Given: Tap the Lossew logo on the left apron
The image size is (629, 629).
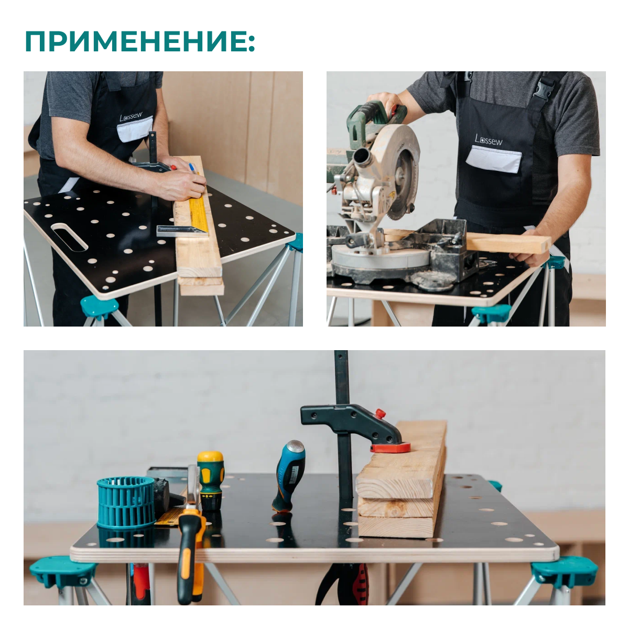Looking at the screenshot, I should click(131, 117).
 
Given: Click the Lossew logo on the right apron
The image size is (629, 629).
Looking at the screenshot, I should click(488, 139).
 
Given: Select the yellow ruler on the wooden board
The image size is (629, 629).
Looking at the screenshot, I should click(198, 209).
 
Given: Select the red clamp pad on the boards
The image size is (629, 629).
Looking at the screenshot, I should click(390, 448).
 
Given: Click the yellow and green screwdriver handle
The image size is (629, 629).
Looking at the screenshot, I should click(210, 480).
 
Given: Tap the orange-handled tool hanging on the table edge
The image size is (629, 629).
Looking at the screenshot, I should click(190, 556).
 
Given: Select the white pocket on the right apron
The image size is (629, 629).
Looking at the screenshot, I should click(493, 159).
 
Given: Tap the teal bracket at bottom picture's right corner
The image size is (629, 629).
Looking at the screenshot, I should click(563, 571).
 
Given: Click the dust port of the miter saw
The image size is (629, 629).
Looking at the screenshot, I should click(362, 157).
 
